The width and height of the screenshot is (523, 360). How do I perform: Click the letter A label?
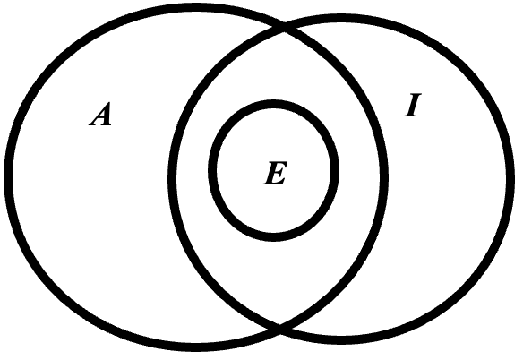tap(100, 114)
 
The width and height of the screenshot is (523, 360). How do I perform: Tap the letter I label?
tap(413, 105)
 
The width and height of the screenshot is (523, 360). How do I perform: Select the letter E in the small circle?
tap(275, 173)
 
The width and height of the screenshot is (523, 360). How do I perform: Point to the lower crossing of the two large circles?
tap(279, 329)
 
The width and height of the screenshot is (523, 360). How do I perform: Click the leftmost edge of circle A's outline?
tap(8, 176)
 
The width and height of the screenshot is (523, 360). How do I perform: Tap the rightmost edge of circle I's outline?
tap(510, 179)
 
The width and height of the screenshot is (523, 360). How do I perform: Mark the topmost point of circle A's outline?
tap(196, 8)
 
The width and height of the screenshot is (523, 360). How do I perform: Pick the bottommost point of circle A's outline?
tap(196, 347)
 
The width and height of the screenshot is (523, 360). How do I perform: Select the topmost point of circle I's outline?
tap(341, 19)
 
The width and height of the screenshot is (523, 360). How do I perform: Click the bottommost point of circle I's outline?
tap(341, 340)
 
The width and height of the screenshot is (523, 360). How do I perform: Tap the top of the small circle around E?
tap(273, 104)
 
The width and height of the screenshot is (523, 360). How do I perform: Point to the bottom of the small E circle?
tap(273, 236)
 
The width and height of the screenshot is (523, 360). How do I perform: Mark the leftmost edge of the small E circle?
tap(212, 170)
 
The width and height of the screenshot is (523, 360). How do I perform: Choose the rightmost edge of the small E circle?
tap(335, 170)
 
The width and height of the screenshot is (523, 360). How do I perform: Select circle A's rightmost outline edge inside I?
tap(384, 176)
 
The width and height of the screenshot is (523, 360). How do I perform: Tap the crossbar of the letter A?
tap(101, 118)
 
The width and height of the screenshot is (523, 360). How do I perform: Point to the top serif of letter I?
tap(416, 95)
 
